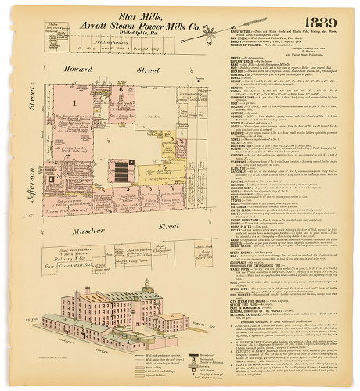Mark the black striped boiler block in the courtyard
[x=120, y=171]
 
